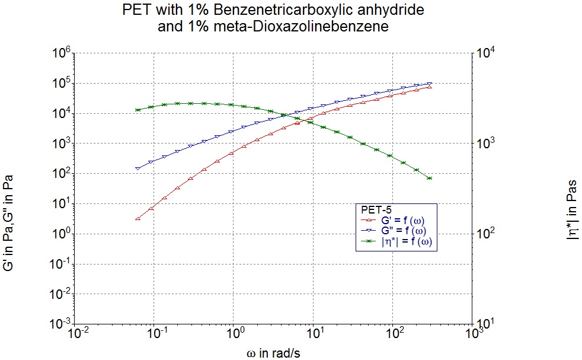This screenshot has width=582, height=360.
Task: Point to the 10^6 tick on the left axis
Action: pyautogui.click(x=65, y=54)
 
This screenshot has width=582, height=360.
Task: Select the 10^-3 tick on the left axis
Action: pyautogui.click(x=63, y=324)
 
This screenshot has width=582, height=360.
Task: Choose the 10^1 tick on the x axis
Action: pyautogui.click(x=314, y=333)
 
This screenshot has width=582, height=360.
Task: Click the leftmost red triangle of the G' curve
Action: pyautogui.click(x=137, y=218)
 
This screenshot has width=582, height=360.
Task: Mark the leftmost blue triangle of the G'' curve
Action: pyautogui.click(x=137, y=168)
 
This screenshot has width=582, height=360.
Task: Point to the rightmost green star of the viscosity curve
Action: pyautogui.click(x=430, y=178)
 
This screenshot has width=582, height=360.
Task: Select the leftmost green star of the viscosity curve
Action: pyautogui.click(x=137, y=110)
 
